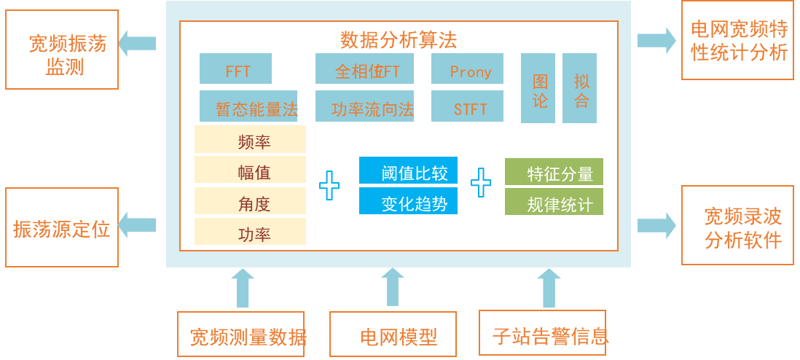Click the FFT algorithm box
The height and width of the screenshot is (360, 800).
point(235,69)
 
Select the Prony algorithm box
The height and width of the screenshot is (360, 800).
point(467,69)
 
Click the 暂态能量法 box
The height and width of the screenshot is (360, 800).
point(248,107)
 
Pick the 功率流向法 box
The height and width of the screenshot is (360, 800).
point(364,107)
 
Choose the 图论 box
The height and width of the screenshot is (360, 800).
point(538,88)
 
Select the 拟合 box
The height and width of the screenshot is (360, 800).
point(580,88)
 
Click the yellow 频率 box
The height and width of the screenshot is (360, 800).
point(250,140)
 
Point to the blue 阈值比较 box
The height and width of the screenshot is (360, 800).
point(408,171)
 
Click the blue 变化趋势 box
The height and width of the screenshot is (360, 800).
point(408,202)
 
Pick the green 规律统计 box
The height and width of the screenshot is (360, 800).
point(554,203)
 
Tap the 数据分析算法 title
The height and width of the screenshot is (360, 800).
point(399,39)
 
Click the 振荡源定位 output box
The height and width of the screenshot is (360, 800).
point(62,227)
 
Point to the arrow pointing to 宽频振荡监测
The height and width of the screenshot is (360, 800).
point(138,43)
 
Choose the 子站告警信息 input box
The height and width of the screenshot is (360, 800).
point(543,334)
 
